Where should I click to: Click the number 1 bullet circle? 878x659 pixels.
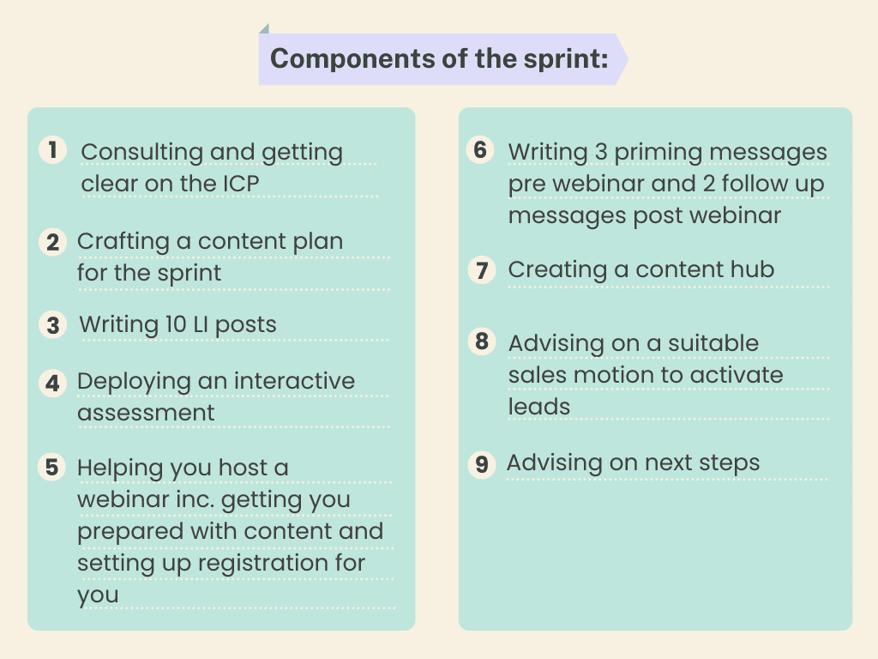click(x=52, y=150)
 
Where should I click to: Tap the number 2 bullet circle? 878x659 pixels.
click(x=52, y=242)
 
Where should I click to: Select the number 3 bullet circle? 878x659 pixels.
click(x=52, y=325)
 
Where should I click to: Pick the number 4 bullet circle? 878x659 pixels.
click(x=52, y=384)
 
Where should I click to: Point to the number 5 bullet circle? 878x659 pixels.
click(x=51, y=468)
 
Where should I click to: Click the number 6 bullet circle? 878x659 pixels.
click(x=480, y=149)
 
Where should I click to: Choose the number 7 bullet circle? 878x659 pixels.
click(x=482, y=270)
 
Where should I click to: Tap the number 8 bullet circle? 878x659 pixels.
click(x=482, y=342)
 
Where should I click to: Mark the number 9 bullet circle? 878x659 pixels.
click(x=482, y=464)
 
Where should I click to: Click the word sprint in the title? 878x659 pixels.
click(x=566, y=59)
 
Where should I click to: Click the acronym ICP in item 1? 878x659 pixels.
click(x=241, y=184)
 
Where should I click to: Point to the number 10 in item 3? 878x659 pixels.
click(x=175, y=323)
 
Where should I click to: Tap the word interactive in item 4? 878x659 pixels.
click(x=294, y=380)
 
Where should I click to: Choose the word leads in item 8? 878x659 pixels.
click(x=538, y=406)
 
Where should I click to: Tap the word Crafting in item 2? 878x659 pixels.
click(x=123, y=241)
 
